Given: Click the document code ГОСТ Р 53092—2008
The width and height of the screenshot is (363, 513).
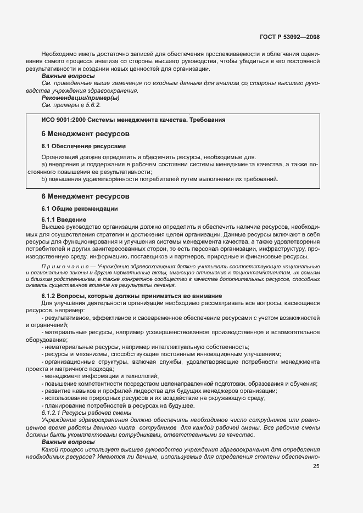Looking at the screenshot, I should point(289,37).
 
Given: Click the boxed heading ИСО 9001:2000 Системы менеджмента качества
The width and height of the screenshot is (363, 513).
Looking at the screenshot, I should point(133,119).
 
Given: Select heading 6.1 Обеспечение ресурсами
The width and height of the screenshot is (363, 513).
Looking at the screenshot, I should point(84,146).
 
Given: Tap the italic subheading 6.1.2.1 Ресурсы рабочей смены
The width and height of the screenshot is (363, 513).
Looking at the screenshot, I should point(86,412).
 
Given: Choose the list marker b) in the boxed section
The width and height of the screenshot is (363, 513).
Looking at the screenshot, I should point(45,179).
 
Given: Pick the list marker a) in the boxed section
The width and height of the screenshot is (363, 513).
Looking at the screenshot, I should point(45,164).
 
